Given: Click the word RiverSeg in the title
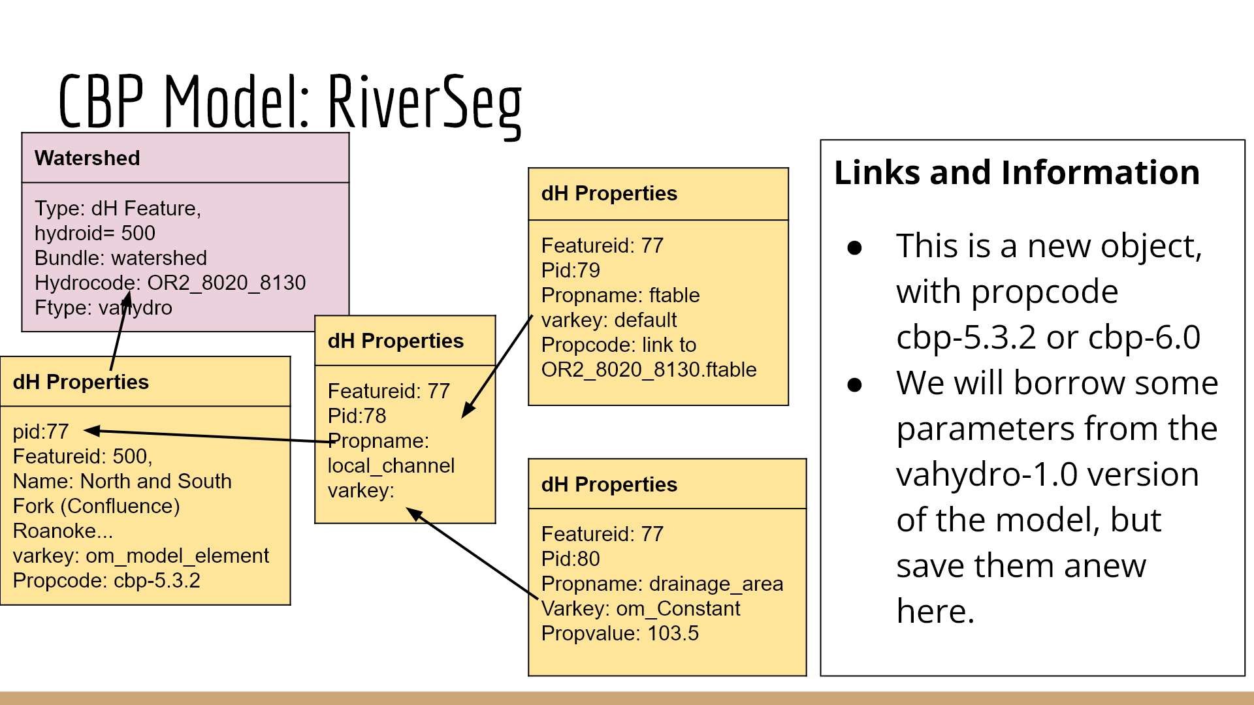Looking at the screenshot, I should (x=425, y=103).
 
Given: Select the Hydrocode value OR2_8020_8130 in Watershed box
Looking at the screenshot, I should (x=226, y=283).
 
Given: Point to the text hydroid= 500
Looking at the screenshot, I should (x=95, y=233).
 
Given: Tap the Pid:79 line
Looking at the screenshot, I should (x=570, y=270).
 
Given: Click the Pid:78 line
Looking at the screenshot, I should (x=357, y=416).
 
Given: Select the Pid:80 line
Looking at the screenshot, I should (x=570, y=559).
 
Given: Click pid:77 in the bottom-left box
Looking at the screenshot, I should (x=40, y=431).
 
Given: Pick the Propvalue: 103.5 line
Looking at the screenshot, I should (x=620, y=633).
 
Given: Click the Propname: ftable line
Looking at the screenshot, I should (x=620, y=295).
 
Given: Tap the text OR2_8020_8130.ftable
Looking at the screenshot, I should (x=649, y=369).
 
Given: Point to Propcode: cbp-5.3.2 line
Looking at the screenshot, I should (x=106, y=580).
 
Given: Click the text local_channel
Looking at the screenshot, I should (x=391, y=465).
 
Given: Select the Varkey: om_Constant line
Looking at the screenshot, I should (x=640, y=608).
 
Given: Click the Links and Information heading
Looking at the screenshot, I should (x=1016, y=173).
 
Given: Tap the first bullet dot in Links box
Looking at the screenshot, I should (x=854, y=248).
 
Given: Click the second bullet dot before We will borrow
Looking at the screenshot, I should (x=854, y=385).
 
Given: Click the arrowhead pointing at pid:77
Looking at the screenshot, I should (x=92, y=430).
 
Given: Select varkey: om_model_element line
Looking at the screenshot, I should (x=140, y=556).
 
